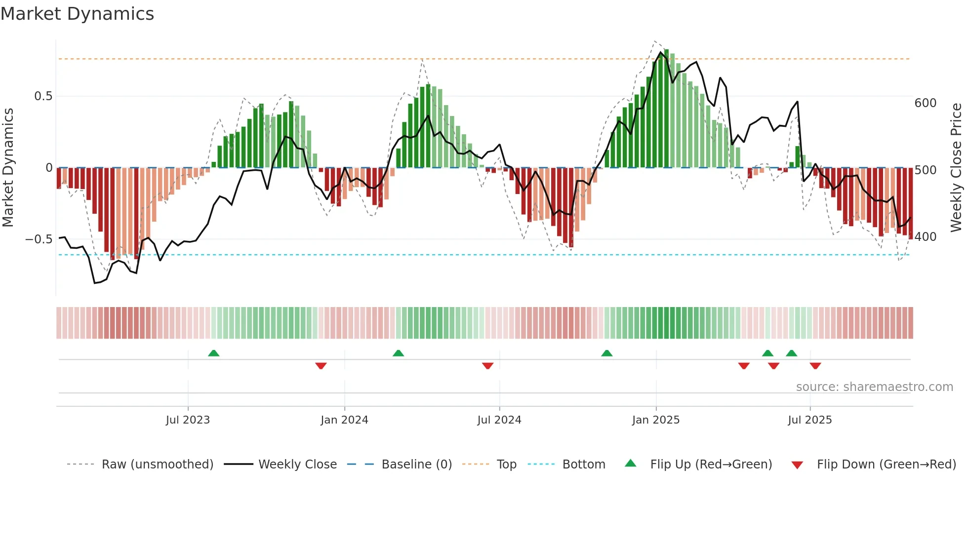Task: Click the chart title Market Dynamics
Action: click(78, 14)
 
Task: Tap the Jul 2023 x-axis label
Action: click(188, 420)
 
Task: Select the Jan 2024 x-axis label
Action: click(344, 420)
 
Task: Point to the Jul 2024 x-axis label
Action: click(499, 420)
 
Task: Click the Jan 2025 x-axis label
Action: click(655, 420)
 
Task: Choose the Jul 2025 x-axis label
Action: click(809, 420)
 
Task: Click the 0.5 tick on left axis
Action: click(43, 96)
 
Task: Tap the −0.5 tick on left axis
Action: click(39, 239)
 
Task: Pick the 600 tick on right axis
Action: click(925, 103)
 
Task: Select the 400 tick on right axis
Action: click(925, 237)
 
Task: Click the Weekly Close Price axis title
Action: click(956, 168)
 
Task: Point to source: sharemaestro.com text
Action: click(874, 387)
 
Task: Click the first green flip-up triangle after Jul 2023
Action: click(213, 353)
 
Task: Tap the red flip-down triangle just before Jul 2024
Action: click(487, 366)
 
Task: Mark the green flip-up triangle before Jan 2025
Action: click(606, 353)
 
